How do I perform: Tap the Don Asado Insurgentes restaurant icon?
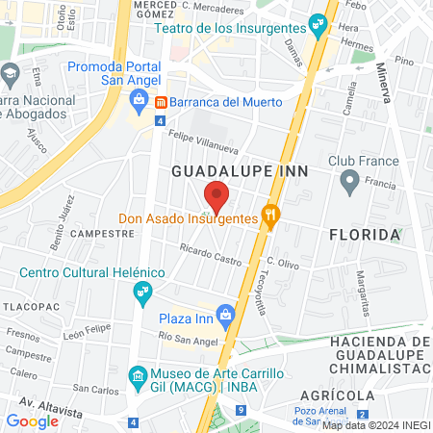coord(272,218)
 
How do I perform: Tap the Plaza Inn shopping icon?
coord(225,314)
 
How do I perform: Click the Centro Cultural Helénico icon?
coord(142,290)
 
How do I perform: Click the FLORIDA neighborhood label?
coord(364,235)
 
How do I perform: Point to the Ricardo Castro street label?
coord(211,255)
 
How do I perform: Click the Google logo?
coord(32,420)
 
